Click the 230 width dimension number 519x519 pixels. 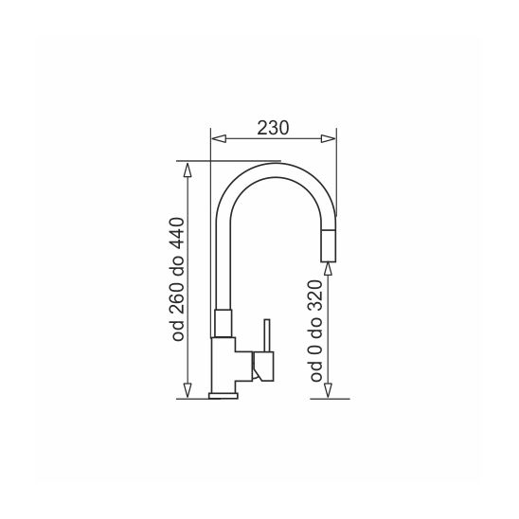tap(273, 128)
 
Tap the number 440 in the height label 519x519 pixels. tap(177, 233)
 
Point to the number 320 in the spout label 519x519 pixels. tap(315, 295)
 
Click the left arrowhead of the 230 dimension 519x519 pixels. tap(219, 138)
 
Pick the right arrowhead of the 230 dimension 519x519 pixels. tap(328, 138)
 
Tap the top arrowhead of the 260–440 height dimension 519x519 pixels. tap(188, 170)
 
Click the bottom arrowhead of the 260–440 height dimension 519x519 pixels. tap(188, 390)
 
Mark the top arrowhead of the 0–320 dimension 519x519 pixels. tap(328, 268)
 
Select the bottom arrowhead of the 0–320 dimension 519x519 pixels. tap(328, 390)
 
